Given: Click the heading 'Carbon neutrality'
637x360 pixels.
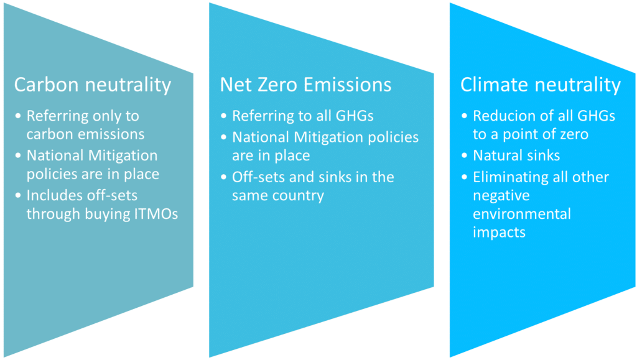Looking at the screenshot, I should pyautogui.click(x=92, y=85).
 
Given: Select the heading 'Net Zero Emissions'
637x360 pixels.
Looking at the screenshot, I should pyautogui.click(x=305, y=85).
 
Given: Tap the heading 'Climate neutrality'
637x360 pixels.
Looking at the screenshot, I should pyautogui.click(x=540, y=85).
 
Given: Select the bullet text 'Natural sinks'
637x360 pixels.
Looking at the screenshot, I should pyautogui.click(x=516, y=155).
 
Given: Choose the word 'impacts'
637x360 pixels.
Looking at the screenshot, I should pyautogui.click(x=499, y=233).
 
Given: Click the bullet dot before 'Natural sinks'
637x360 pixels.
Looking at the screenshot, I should pyautogui.click(x=465, y=156).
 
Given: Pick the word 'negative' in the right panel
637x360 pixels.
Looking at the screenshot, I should pyautogui.click(x=501, y=196).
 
